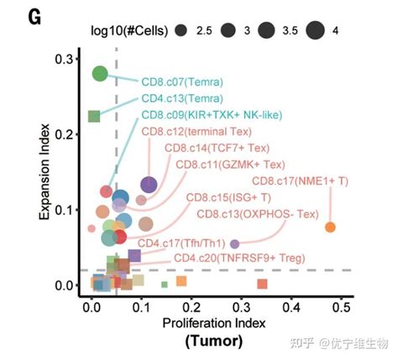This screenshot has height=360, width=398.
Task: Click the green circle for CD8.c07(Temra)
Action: pyautogui.click(x=100, y=74)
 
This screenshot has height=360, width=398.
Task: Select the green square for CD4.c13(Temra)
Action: pyautogui.click(x=95, y=116)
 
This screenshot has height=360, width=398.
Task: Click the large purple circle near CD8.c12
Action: pyautogui.click(x=149, y=185)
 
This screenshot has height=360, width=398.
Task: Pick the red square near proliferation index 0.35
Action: pyautogui.click(x=262, y=284)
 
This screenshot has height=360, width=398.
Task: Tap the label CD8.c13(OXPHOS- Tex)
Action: pyautogui.click(x=255, y=214)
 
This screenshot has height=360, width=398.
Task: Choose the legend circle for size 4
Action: pyautogui.click(x=315, y=30)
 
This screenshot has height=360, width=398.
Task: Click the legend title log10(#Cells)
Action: pyautogui.click(x=129, y=30)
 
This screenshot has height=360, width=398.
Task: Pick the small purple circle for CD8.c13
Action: pyautogui.click(x=234, y=244)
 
